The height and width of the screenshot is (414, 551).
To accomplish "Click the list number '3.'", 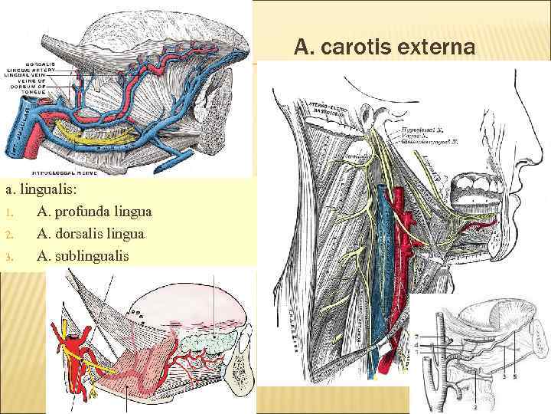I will pyautogui.click(x=10, y=256).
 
